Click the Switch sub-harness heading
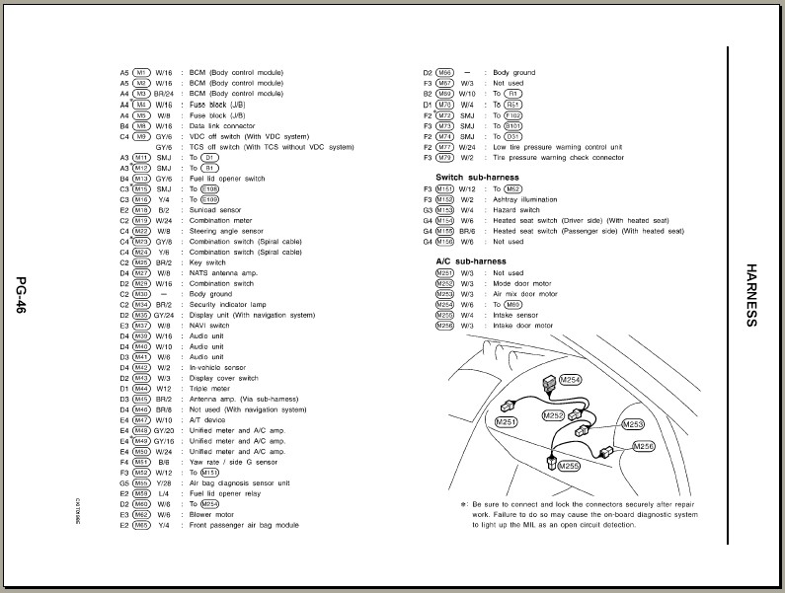[x=478, y=177]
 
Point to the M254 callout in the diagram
[x=570, y=379]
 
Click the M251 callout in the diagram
[x=507, y=421]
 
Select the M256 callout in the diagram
[x=643, y=446]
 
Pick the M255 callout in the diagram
[x=568, y=466]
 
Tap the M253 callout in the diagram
[x=634, y=425]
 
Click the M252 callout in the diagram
[x=553, y=415]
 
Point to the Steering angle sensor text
[x=221, y=231]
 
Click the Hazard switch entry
[x=515, y=209]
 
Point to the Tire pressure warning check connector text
[x=557, y=157]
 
